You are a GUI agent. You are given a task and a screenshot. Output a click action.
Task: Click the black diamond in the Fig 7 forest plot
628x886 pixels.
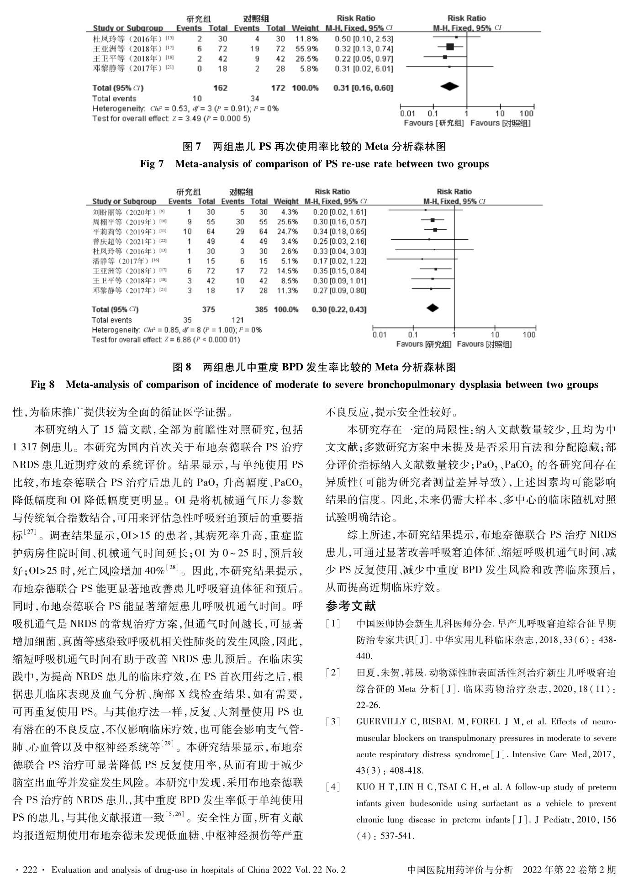[449, 86]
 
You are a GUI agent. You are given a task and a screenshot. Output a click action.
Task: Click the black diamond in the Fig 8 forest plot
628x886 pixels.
[432, 308]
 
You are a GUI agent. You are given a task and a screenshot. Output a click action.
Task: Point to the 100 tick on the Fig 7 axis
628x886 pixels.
[526, 114]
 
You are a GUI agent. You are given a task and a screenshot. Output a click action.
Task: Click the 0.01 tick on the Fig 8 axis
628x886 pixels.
[379, 335]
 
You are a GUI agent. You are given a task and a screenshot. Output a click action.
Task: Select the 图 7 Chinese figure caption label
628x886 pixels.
[191, 147]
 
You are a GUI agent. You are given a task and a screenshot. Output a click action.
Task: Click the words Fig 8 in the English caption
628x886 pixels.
[42, 385]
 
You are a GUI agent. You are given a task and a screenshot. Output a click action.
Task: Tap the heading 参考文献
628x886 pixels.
[351, 606]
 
